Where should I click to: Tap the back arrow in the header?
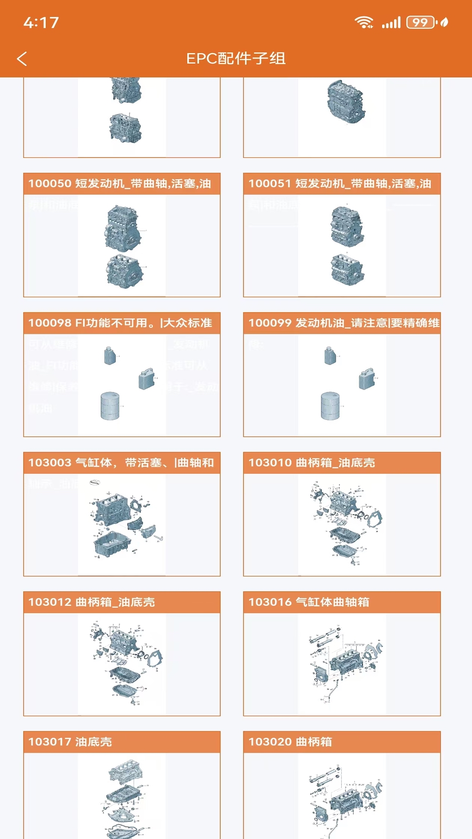pyautogui.click(x=22, y=59)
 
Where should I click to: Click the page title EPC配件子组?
pyautogui.click(x=236, y=59)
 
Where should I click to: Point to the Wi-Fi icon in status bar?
pyautogui.click(x=363, y=22)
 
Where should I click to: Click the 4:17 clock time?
pyautogui.click(x=41, y=23)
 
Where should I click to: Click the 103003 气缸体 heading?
pyautogui.click(x=121, y=463)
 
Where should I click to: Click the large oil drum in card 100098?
pyautogui.click(x=110, y=406)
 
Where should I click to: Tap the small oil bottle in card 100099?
pyautogui.click(x=330, y=356)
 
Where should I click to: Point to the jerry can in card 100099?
pyautogui.click(x=367, y=378)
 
